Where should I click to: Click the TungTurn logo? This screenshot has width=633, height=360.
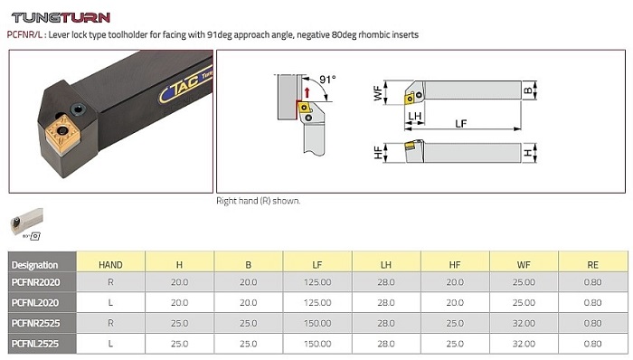(61, 18)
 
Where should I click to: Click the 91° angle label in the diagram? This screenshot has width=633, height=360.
(327, 80)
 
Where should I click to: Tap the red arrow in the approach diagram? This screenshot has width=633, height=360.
(307, 92)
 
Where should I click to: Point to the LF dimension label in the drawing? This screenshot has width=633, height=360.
(460, 123)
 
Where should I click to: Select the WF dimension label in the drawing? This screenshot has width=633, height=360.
(378, 93)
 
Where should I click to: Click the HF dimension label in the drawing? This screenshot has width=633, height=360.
(378, 153)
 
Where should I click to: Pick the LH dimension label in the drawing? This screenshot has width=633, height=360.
(414, 117)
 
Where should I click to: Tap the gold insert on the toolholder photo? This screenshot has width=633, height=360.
(62, 133)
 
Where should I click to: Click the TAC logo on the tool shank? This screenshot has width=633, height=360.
(184, 86)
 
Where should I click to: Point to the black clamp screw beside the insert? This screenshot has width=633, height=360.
(78, 109)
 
